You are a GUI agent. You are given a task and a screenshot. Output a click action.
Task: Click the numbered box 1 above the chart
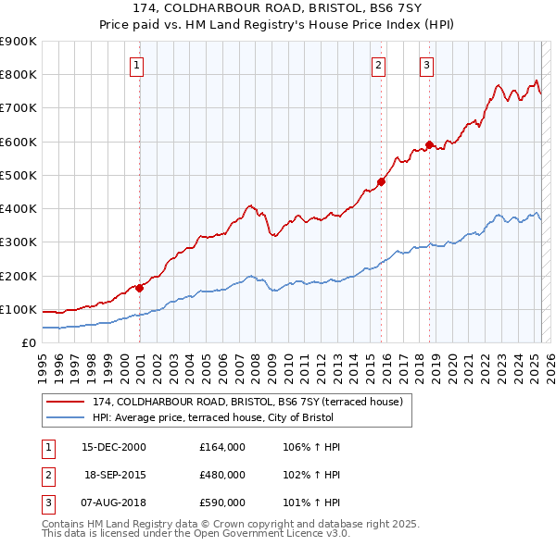tap(136, 65)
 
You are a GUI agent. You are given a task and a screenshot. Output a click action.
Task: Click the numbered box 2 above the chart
tap(379, 65)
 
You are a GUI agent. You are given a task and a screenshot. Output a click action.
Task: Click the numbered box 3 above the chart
tap(426, 65)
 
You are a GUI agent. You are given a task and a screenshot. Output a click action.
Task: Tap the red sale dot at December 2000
tap(140, 288)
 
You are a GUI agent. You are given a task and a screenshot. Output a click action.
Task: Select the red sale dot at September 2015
tap(381, 181)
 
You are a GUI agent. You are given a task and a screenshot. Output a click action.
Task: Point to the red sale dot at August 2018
tap(429, 144)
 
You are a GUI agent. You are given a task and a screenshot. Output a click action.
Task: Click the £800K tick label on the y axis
tap(19, 75)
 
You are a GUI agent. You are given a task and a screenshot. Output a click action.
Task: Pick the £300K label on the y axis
tap(19, 242)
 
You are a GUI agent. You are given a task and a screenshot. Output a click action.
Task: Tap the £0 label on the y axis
tap(28, 343)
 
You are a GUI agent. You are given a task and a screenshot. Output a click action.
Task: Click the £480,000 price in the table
tap(222, 475)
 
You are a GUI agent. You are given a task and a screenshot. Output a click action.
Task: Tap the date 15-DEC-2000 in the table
tap(114, 447)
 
